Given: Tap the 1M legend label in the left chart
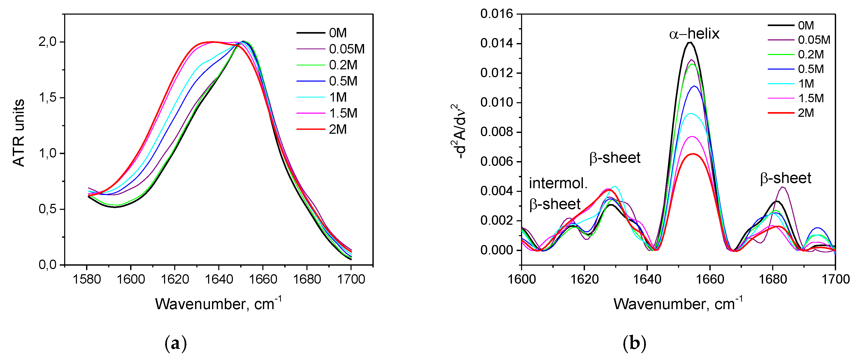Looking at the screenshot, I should [338, 97].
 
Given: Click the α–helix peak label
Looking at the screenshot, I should [694, 34].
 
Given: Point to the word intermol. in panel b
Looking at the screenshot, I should [558, 184].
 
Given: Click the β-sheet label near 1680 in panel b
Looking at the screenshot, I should [786, 179].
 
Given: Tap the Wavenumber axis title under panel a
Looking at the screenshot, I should [218, 303].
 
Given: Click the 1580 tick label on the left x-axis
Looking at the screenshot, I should [87, 279].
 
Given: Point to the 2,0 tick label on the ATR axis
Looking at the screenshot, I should [48, 42].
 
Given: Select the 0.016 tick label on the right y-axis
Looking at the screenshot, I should [496, 14].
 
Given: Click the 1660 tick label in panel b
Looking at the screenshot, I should [710, 279].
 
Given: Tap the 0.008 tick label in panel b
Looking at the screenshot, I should [496, 132].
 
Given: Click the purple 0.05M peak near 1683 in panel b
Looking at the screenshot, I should [782, 187].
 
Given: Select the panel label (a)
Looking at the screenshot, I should [176, 343].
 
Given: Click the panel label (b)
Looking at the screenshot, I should [634, 343].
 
